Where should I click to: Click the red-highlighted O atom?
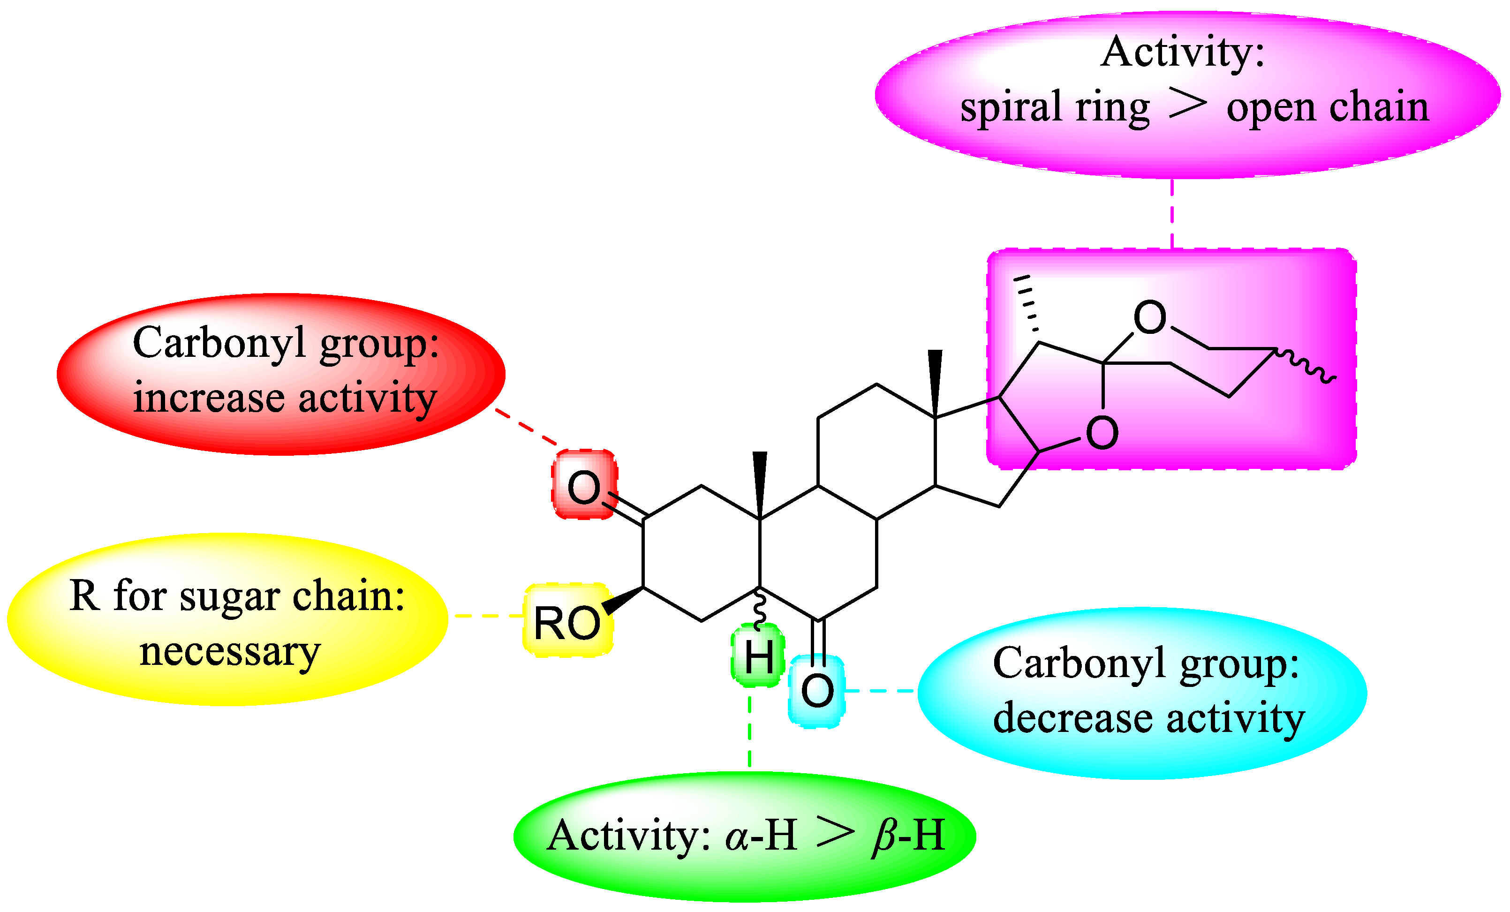pyautogui.click(x=583, y=487)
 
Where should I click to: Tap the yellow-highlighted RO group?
pyautogui.click(x=567, y=623)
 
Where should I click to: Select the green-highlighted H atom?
pyautogui.click(x=759, y=656)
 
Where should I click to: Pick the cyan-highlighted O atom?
pyautogui.click(x=817, y=691)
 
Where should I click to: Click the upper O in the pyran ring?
pyautogui.click(x=1150, y=317)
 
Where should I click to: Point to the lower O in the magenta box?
pyautogui.click(x=1102, y=433)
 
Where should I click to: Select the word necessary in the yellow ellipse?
pyautogui.click(x=230, y=651)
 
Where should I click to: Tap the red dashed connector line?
pyautogui.click(x=526, y=427)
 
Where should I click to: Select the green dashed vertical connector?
pyautogui.click(x=749, y=732)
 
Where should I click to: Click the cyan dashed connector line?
pyautogui.click(x=881, y=691)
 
